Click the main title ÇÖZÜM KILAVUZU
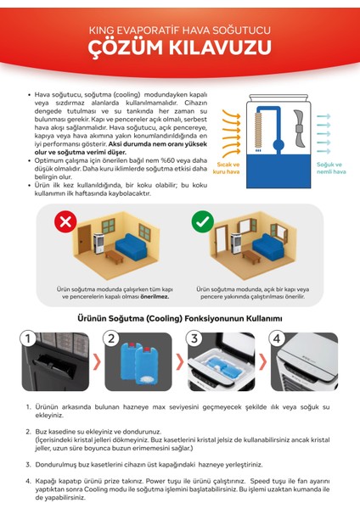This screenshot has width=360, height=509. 179,45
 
